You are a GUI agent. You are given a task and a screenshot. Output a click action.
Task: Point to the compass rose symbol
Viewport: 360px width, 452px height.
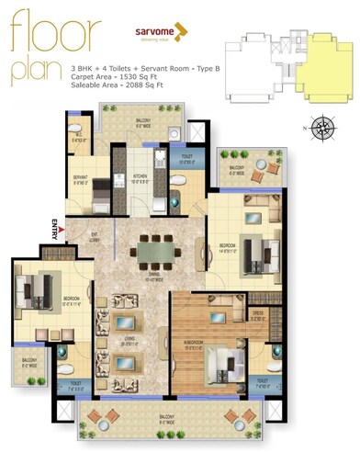[322, 127]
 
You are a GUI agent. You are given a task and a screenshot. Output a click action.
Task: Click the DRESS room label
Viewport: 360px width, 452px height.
[258, 313]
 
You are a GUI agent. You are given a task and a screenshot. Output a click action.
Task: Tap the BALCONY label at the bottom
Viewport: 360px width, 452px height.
[173, 419]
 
